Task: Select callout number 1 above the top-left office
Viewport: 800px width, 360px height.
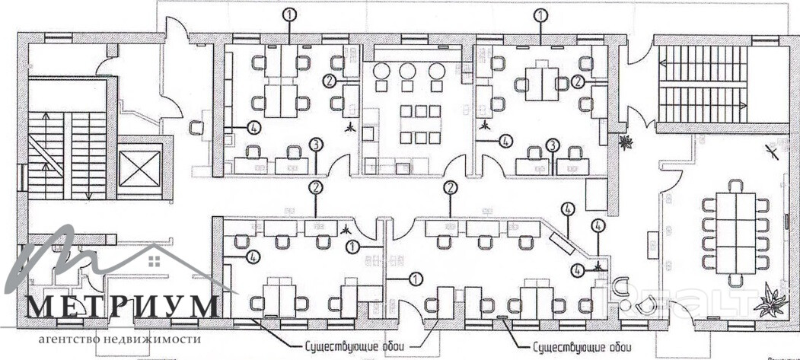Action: (x=290, y=14)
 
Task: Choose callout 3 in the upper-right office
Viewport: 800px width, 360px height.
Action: (x=554, y=145)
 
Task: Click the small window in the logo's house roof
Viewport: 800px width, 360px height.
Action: (x=155, y=261)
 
